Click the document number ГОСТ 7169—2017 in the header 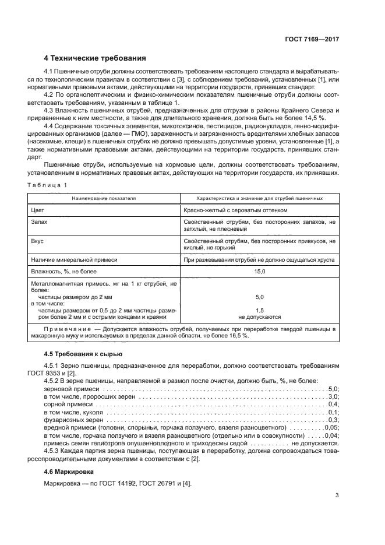(x=313, y=39)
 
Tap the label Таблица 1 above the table (x=47, y=185)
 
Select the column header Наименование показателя (x=104, y=198)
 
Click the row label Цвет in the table (x=37, y=210)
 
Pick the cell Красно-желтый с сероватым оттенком (x=235, y=210)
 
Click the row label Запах (x=39, y=222)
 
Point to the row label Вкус (x=37, y=240)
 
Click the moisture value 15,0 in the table (x=259, y=271)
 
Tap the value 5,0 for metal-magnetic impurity (x=259, y=297)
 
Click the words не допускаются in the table (x=259, y=317)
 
